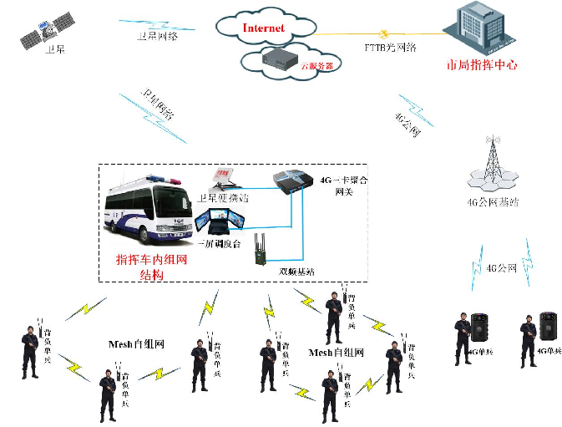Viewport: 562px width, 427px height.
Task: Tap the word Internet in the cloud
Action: [263, 28]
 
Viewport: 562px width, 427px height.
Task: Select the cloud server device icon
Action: [278, 57]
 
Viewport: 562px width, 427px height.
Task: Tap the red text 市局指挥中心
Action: [483, 64]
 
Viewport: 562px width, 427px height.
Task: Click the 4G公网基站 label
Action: [493, 202]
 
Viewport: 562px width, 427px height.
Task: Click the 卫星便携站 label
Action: [224, 198]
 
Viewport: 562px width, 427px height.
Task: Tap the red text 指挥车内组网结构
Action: [151, 266]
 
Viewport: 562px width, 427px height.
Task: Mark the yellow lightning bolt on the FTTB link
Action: [385, 34]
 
